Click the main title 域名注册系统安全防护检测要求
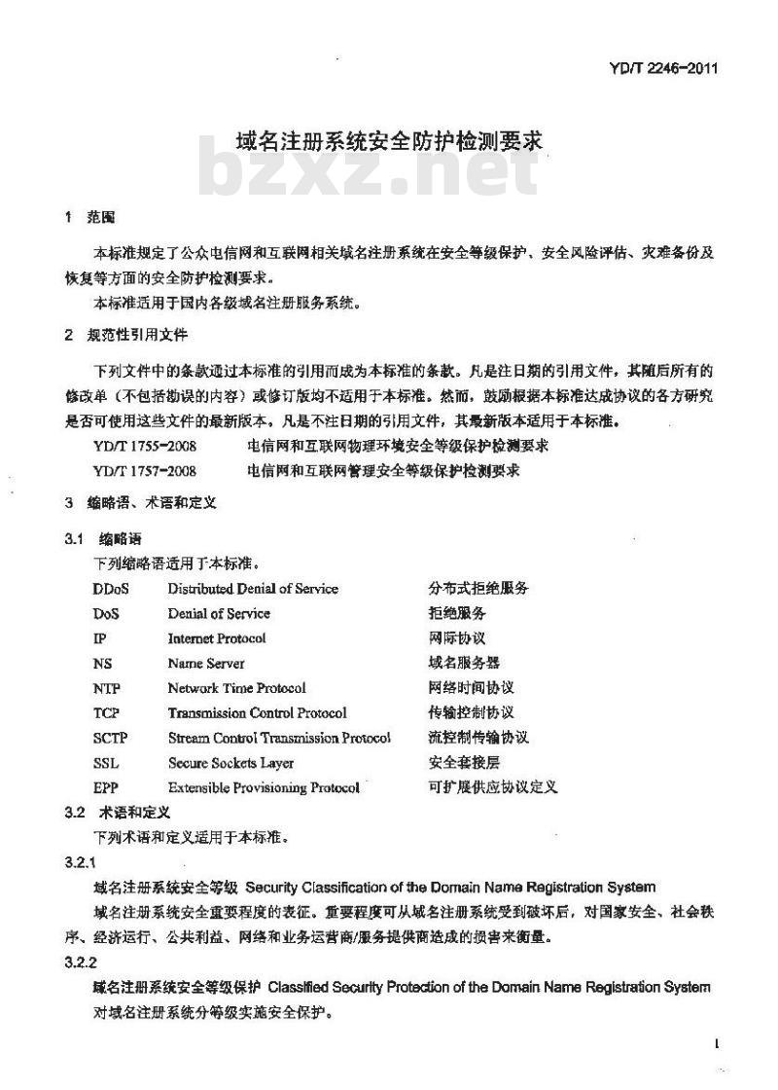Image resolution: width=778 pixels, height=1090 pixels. click(388, 140)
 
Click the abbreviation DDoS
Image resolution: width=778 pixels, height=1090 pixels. click(111, 589)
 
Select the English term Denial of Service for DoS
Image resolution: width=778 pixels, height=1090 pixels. click(219, 614)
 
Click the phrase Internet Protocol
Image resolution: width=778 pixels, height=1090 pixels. click(216, 638)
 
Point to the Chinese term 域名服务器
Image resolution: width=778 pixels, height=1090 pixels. click(464, 664)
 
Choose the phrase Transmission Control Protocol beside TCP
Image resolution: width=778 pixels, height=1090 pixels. click(257, 713)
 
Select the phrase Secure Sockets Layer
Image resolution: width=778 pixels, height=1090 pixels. click(230, 763)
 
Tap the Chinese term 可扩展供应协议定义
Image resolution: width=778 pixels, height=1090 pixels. click(493, 787)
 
